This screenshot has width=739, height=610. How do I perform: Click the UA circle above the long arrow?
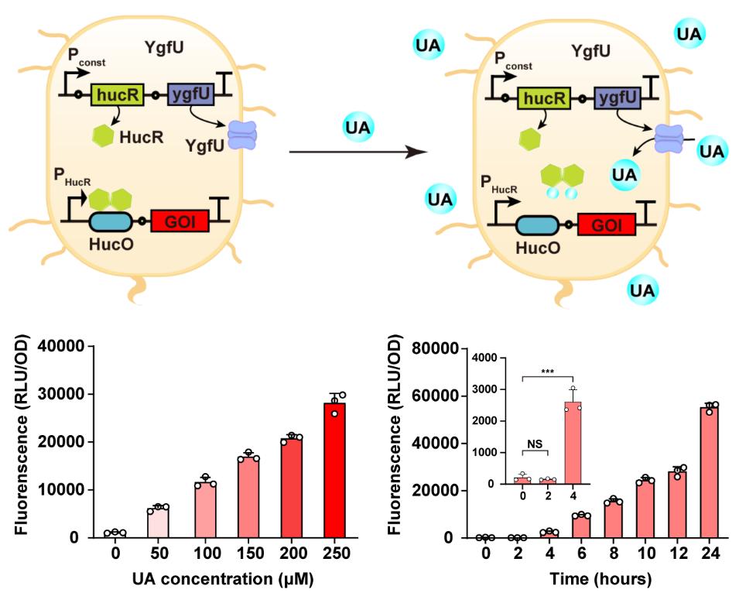[358, 124]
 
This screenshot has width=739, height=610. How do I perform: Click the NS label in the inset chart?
[535, 444]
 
